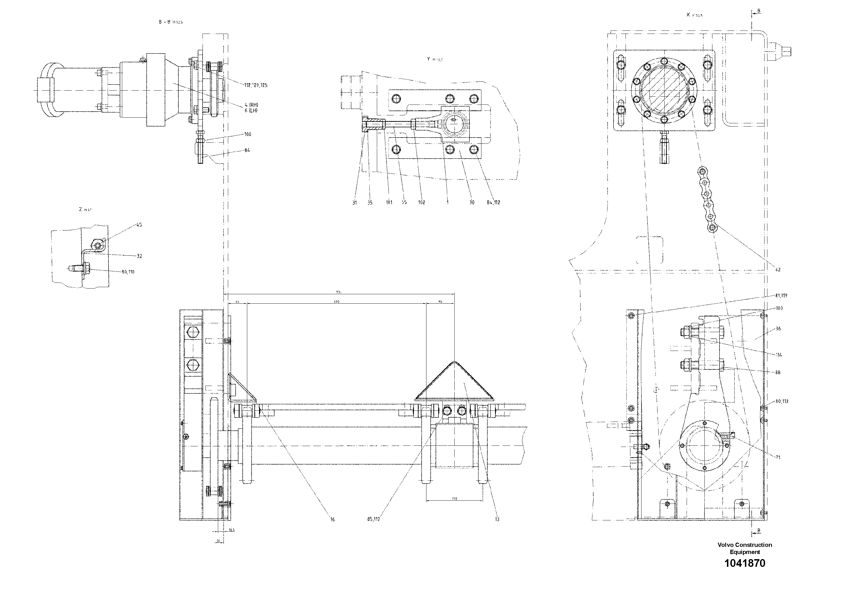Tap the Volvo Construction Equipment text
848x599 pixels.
[x=745, y=548]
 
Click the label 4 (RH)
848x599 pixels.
[x=251, y=105]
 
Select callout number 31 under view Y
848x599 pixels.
[x=355, y=203]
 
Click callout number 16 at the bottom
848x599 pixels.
[x=332, y=519]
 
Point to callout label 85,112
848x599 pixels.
[x=373, y=519]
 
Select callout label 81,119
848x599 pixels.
[x=781, y=295]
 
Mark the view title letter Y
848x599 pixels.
[x=428, y=59]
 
